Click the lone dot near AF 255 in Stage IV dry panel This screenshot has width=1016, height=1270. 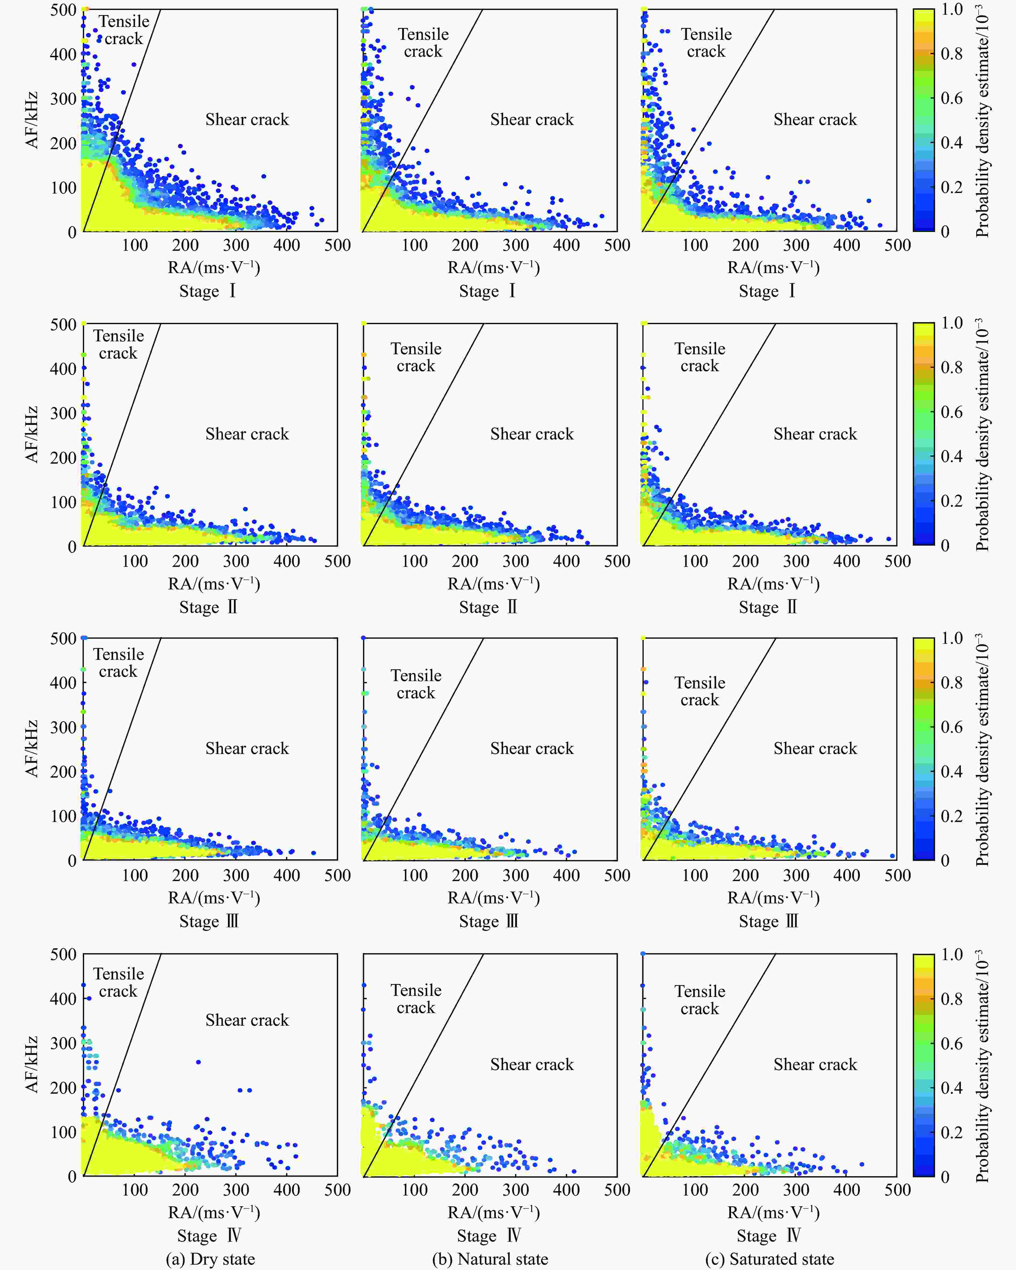coord(198,1062)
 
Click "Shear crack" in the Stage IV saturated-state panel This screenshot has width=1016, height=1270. coord(815,1064)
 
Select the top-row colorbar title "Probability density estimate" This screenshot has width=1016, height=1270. coord(982,121)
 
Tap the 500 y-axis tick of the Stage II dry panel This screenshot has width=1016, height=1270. coord(63,325)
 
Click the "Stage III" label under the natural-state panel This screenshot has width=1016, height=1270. coord(488,921)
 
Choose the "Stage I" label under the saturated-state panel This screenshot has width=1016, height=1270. coord(767,291)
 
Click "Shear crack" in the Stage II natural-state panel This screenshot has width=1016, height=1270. coord(532,434)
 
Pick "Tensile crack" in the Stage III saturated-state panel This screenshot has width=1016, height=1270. coord(700,691)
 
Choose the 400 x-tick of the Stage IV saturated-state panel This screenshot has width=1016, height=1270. coord(846,1190)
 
